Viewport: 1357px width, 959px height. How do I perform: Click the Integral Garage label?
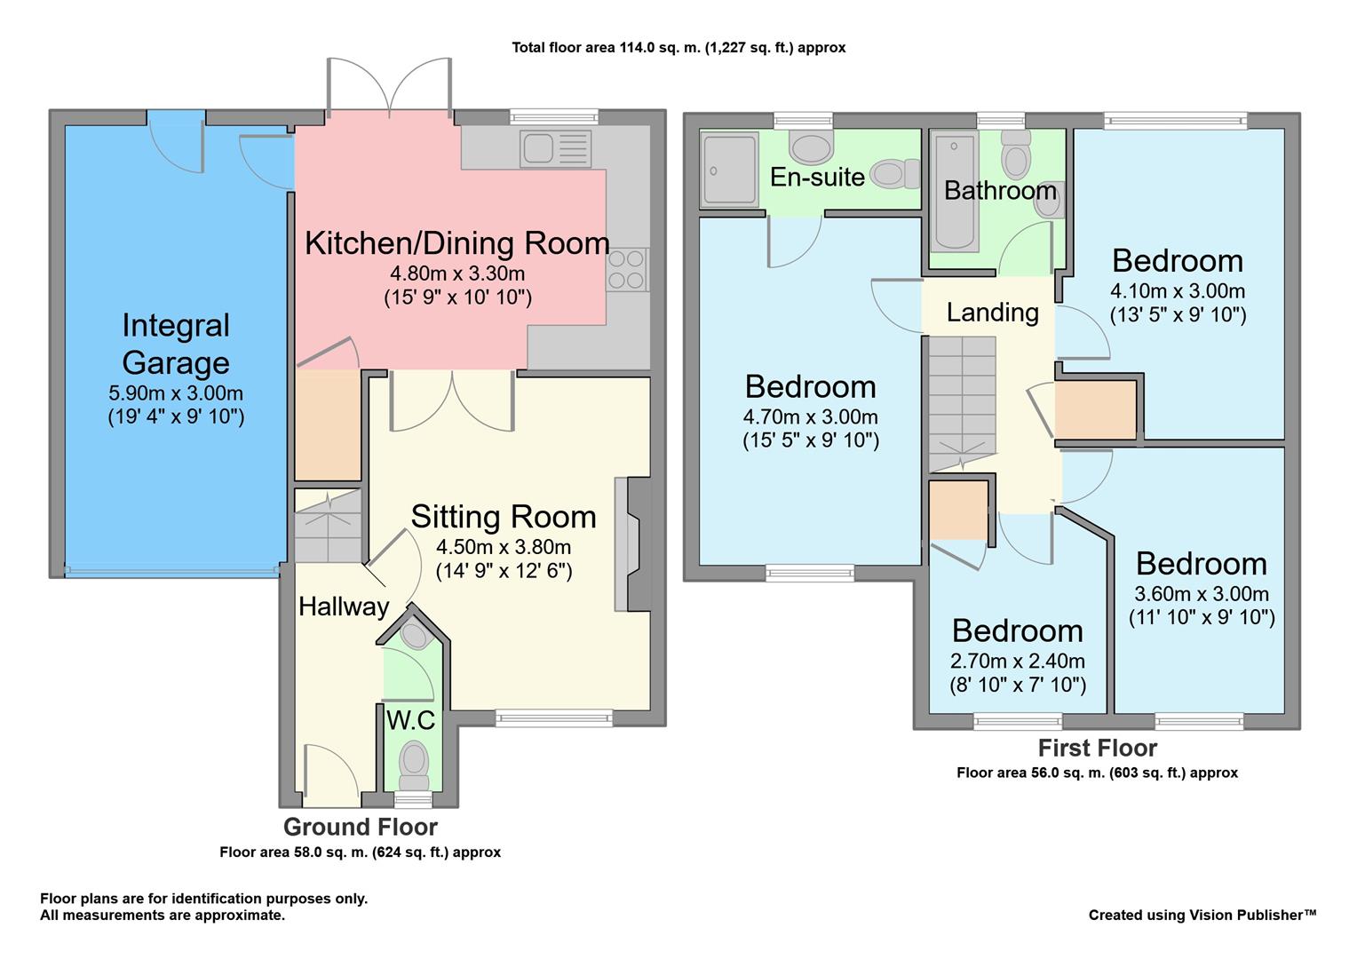176,344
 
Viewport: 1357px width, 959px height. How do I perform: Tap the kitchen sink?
556,148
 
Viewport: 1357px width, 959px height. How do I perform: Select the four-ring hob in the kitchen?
626,270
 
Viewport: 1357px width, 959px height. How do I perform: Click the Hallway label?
344,606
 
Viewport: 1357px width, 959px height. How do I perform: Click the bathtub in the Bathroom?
955,192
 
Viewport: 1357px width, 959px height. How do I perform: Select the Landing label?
992,313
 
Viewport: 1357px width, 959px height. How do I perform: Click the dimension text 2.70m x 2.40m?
1017,661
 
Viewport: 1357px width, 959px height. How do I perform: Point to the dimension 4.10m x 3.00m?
1177,290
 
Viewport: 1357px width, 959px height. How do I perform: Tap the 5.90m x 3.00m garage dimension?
176,392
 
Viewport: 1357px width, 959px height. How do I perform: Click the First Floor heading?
1097,748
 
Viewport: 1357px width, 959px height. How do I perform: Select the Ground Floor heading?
361,827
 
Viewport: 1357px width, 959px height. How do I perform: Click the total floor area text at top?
678,47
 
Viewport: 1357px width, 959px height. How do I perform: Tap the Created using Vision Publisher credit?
1202,915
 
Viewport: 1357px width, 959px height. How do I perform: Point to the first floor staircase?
962,404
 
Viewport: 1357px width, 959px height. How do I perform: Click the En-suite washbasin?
811,147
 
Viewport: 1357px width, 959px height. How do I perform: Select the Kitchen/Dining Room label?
456,243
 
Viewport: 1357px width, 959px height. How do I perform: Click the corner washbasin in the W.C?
415,636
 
